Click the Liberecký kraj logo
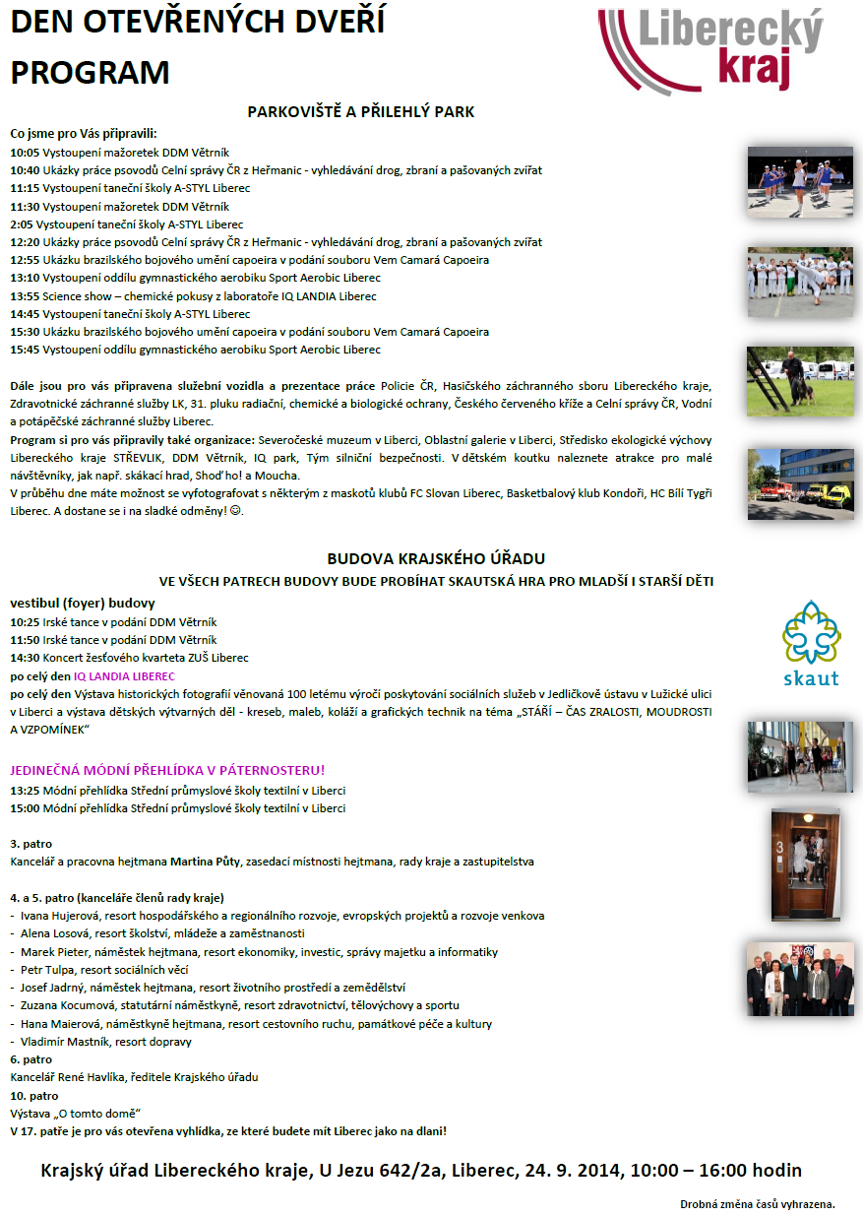tap(713, 49)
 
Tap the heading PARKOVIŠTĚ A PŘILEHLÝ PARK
tap(361, 111)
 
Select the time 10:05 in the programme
tap(25, 153)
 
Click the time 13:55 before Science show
tap(25, 296)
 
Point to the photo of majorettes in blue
tap(799, 181)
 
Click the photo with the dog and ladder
tap(799, 380)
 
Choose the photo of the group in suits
tap(799, 979)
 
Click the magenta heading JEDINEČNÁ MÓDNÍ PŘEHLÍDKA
tap(167, 770)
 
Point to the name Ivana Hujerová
tap(59, 916)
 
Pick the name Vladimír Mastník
tap(64, 1042)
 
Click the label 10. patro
tap(33, 1096)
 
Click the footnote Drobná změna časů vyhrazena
tap(757, 1203)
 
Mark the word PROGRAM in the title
tap(91, 73)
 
